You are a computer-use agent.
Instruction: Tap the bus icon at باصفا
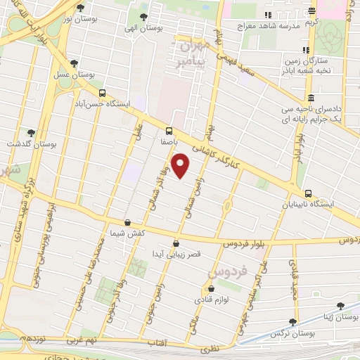pos(169,130)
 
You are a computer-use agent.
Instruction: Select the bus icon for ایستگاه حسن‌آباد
pos(103,93)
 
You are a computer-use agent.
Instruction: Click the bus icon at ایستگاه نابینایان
pos(308,193)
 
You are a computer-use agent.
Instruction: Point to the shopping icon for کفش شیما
pos(127,222)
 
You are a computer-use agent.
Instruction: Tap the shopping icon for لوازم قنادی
pos(210,288)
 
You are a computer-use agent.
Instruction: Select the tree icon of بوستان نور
pos(80,8)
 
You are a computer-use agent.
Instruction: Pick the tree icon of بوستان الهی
pos(144,16)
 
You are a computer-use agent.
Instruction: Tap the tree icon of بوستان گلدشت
pos(30,132)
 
